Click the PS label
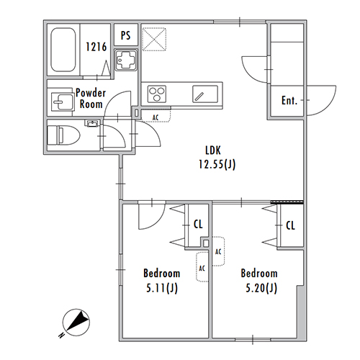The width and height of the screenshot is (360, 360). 126,35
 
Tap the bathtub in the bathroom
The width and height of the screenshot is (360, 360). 63,50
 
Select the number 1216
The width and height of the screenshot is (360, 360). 96,47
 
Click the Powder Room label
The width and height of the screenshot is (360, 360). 91,99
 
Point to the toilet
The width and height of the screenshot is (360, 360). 63,135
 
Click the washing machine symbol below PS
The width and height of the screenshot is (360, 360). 126,60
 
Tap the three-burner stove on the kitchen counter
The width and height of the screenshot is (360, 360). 157,94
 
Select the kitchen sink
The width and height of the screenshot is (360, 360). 205,94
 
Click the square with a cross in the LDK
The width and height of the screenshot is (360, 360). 154,39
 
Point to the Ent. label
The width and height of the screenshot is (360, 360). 289,100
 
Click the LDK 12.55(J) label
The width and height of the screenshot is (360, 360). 217,158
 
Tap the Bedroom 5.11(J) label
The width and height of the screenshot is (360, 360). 162,281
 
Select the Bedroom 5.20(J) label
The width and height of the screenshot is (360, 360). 259,281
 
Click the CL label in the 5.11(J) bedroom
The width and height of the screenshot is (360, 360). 198,225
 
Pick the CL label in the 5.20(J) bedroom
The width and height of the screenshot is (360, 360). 290,225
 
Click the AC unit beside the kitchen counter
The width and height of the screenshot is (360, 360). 156,115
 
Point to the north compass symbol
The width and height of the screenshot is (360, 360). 76,322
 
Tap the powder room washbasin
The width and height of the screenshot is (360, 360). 62,102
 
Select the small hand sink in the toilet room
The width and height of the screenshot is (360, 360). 91,123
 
